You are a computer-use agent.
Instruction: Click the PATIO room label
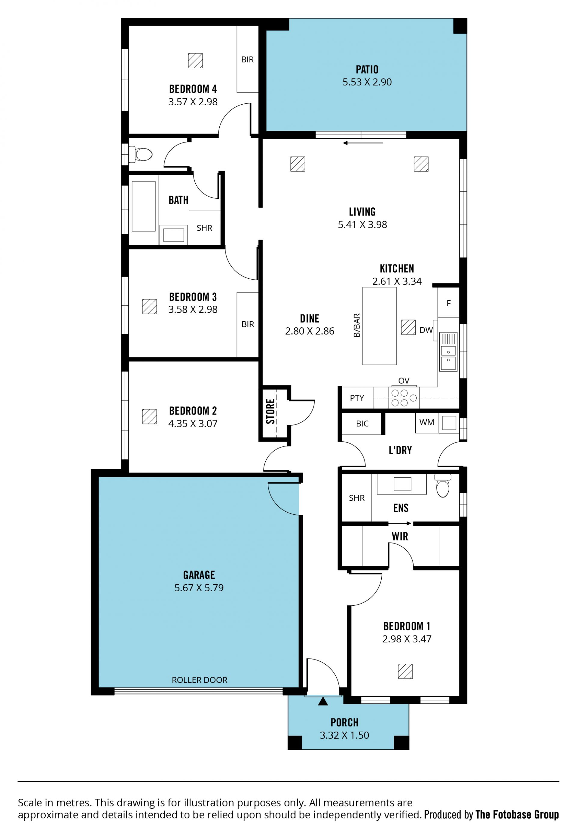pos(367,69)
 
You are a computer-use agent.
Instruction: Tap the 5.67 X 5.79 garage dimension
pos(199,588)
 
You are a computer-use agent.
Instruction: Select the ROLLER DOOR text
pos(200,680)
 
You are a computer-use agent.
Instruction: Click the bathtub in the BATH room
pos(144,206)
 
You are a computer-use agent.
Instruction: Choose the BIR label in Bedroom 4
pos(248,59)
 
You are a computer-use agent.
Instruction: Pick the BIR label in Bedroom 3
pos(248,324)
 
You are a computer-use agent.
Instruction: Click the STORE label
pos(270,411)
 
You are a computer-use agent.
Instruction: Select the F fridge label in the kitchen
pos(449,303)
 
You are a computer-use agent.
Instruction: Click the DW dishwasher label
pos(426,330)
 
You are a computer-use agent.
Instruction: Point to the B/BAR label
pos(357,326)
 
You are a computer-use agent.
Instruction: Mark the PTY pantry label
pos(357,398)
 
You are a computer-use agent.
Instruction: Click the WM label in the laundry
pos(427,422)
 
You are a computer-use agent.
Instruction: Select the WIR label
pos(400,536)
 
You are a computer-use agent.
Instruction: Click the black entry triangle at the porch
pos(323,701)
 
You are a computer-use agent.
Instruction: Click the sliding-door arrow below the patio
pos(363,143)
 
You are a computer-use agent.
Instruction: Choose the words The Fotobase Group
pos(517,814)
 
